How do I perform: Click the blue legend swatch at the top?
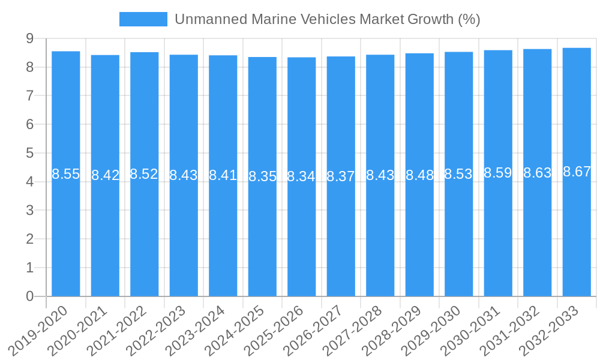pos(143,19)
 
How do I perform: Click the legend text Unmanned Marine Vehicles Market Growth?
pos(327,19)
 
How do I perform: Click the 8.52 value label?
pos(144,174)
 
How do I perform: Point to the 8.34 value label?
pos(301,176)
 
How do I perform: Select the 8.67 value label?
pos(577,172)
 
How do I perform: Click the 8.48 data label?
pos(419,176)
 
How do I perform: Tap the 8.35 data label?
pos(262,176)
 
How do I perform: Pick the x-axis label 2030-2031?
pos(471,329)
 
